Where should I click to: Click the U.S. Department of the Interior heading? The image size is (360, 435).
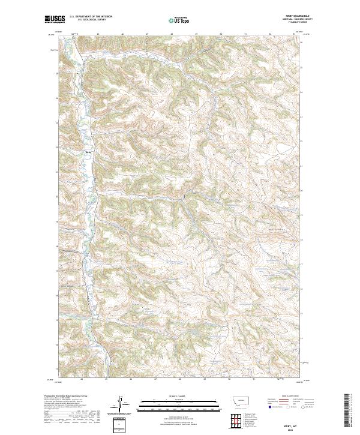coord(91,17)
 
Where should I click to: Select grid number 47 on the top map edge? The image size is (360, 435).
coord(148,34)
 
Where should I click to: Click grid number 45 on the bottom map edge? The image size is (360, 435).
coord(106,379)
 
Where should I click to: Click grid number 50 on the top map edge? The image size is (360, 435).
coord(221,34)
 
